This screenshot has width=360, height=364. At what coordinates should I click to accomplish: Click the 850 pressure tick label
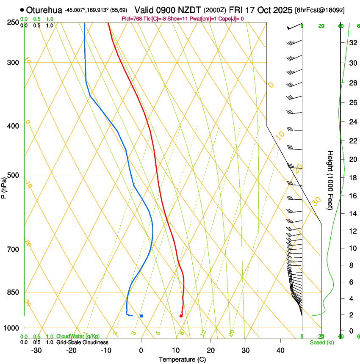(x=13, y=292)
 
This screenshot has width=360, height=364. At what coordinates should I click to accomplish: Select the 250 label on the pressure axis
(x=13, y=22)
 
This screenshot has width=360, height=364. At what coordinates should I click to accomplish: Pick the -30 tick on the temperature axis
(x=36, y=350)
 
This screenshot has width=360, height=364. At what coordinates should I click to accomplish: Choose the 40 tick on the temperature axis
(x=280, y=350)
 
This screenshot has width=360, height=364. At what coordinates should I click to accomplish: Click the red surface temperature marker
(x=181, y=316)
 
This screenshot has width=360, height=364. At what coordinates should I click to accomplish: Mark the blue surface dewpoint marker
(x=141, y=316)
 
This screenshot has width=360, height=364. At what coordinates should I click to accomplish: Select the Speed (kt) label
(x=321, y=342)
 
